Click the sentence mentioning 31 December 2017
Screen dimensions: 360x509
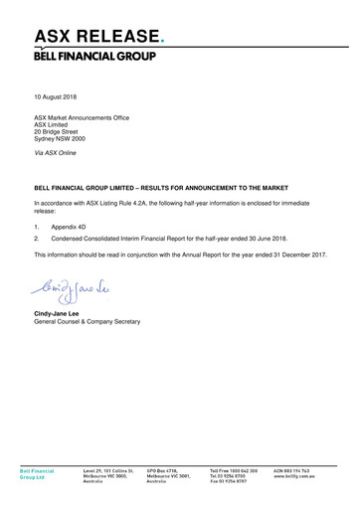[x=180, y=255]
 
